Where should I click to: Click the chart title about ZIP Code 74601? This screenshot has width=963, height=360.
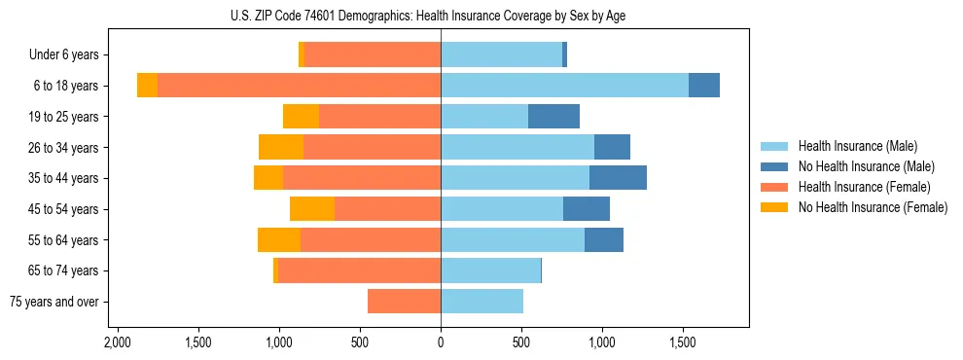pos(441,15)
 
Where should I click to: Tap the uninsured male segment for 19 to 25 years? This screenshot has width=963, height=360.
pos(553,117)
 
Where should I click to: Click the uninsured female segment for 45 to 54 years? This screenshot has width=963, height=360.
pos(312,209)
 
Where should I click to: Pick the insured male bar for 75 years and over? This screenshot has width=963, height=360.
pos(481,302)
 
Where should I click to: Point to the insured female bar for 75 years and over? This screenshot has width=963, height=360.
pos(404,302)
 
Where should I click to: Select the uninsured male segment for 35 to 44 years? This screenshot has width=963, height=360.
pos(618,178)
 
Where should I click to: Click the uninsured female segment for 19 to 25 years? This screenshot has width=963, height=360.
pos(301,117)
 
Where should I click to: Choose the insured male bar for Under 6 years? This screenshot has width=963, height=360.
pos(501,55)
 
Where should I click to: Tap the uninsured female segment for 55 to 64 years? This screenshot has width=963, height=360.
pos(279,240)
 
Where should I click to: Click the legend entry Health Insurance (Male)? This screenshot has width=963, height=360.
pos(857,146)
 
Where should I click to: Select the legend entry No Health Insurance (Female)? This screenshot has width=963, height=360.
pos(873,207)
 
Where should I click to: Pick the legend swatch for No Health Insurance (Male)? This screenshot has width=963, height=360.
pos(774,166)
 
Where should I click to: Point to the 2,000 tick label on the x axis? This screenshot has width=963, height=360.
pos(118,342)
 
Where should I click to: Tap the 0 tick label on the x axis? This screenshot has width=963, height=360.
pos(441,342)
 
